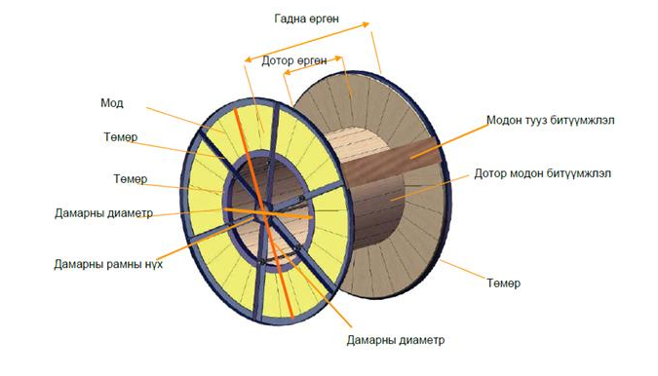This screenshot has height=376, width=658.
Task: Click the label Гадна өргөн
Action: pyautogui.click(x=306, y=19)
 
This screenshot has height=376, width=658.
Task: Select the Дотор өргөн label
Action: pyautogui.click(x=294, y=60)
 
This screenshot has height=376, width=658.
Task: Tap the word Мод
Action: pyautogui.click(x=112, y=103)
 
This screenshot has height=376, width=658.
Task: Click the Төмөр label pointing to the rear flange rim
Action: pyautogui.click(x=504, y=282)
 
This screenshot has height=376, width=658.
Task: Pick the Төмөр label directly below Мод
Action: pyautogui.click(x=121, y=137)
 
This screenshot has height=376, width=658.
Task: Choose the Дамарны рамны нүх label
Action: pyautogui.click(x=108, y=265)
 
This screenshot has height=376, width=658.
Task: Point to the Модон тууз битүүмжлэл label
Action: pyautogui.click(x=551, y=121)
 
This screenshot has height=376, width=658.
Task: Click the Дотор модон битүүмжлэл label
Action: pyautogui.click(x=543, y=173)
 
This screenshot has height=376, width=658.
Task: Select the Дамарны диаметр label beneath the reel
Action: pyautogui.click(x=396, y=340)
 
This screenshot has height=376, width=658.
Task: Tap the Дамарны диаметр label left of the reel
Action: pyautogui.click(x=103, y=213)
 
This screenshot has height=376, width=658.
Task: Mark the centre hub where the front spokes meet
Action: pyautogui.click(x=263, y=212)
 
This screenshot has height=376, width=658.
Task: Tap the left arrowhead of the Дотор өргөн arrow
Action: pyautogui.click(x=287, y=73)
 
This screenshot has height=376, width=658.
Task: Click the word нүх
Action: pyautogui.click(x=153, y=265)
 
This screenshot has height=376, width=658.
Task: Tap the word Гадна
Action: pyautogui.click(x=288, y=19)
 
